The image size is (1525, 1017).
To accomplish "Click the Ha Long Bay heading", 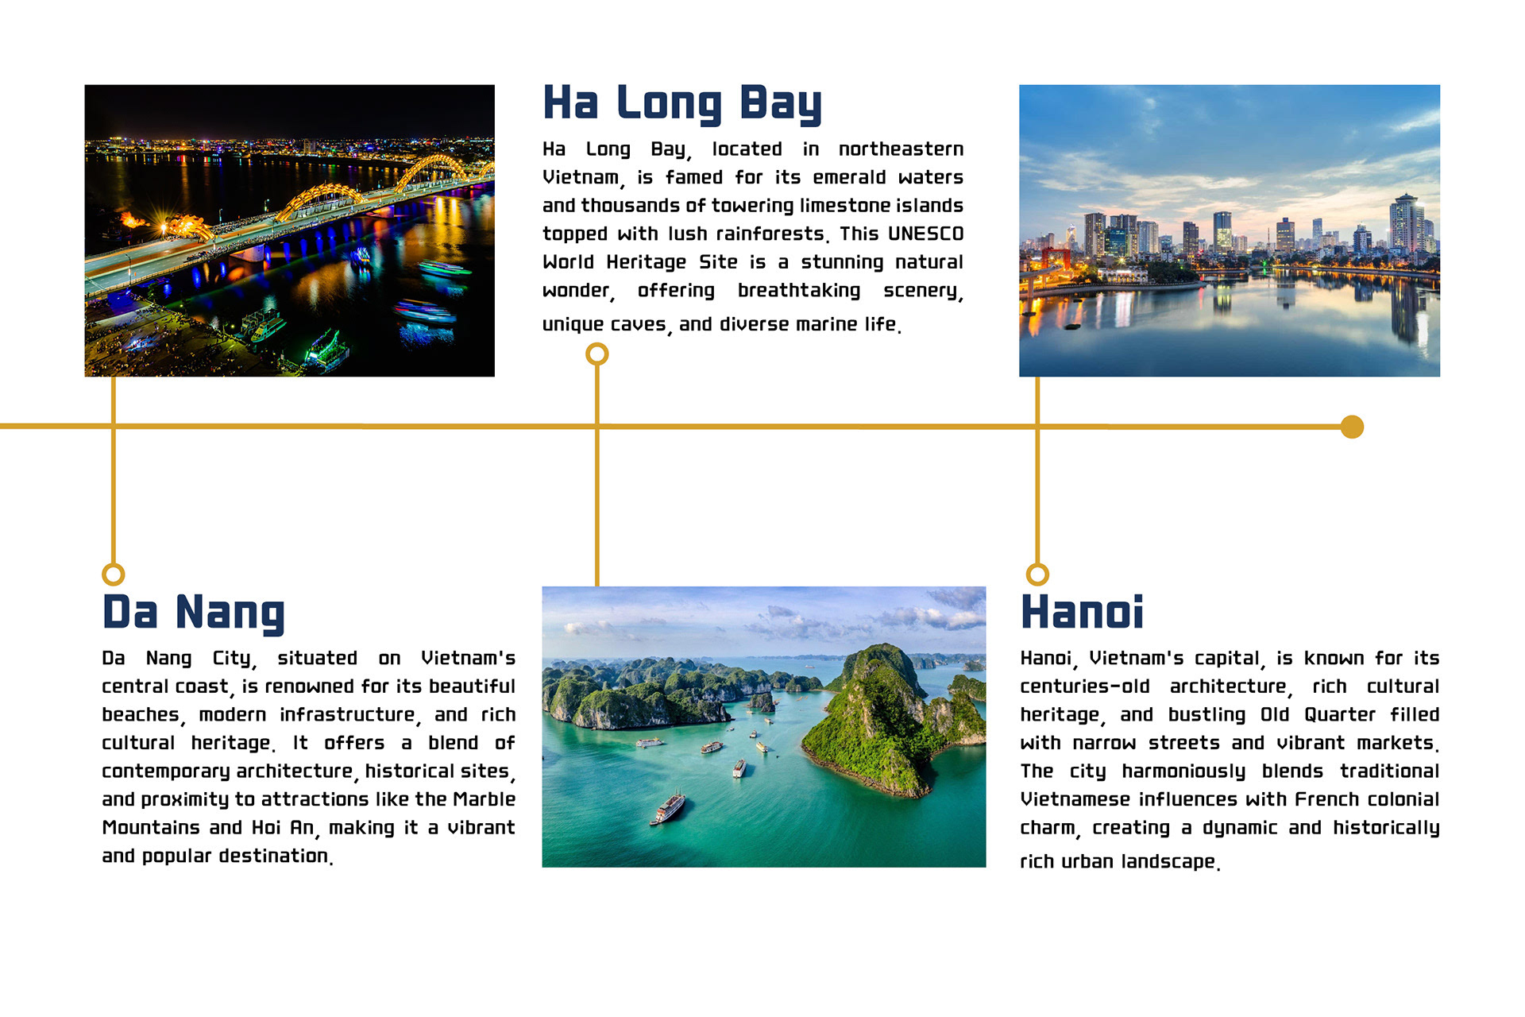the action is (682, 103).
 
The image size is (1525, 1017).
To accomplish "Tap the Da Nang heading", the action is (193, 613).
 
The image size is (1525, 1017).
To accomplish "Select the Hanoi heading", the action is (1082, 612).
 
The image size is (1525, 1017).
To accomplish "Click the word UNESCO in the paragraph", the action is (925, 234).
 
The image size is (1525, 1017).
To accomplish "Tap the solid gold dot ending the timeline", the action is (1352, 427).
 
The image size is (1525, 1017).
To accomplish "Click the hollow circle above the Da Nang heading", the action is (114, 574).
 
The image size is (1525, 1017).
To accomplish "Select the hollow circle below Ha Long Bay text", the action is (597, 354).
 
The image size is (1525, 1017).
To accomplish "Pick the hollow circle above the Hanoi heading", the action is (1037, 574).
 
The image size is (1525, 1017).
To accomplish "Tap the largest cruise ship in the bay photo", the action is (668, 808).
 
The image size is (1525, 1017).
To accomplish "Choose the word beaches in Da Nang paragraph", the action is (141, 714).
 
